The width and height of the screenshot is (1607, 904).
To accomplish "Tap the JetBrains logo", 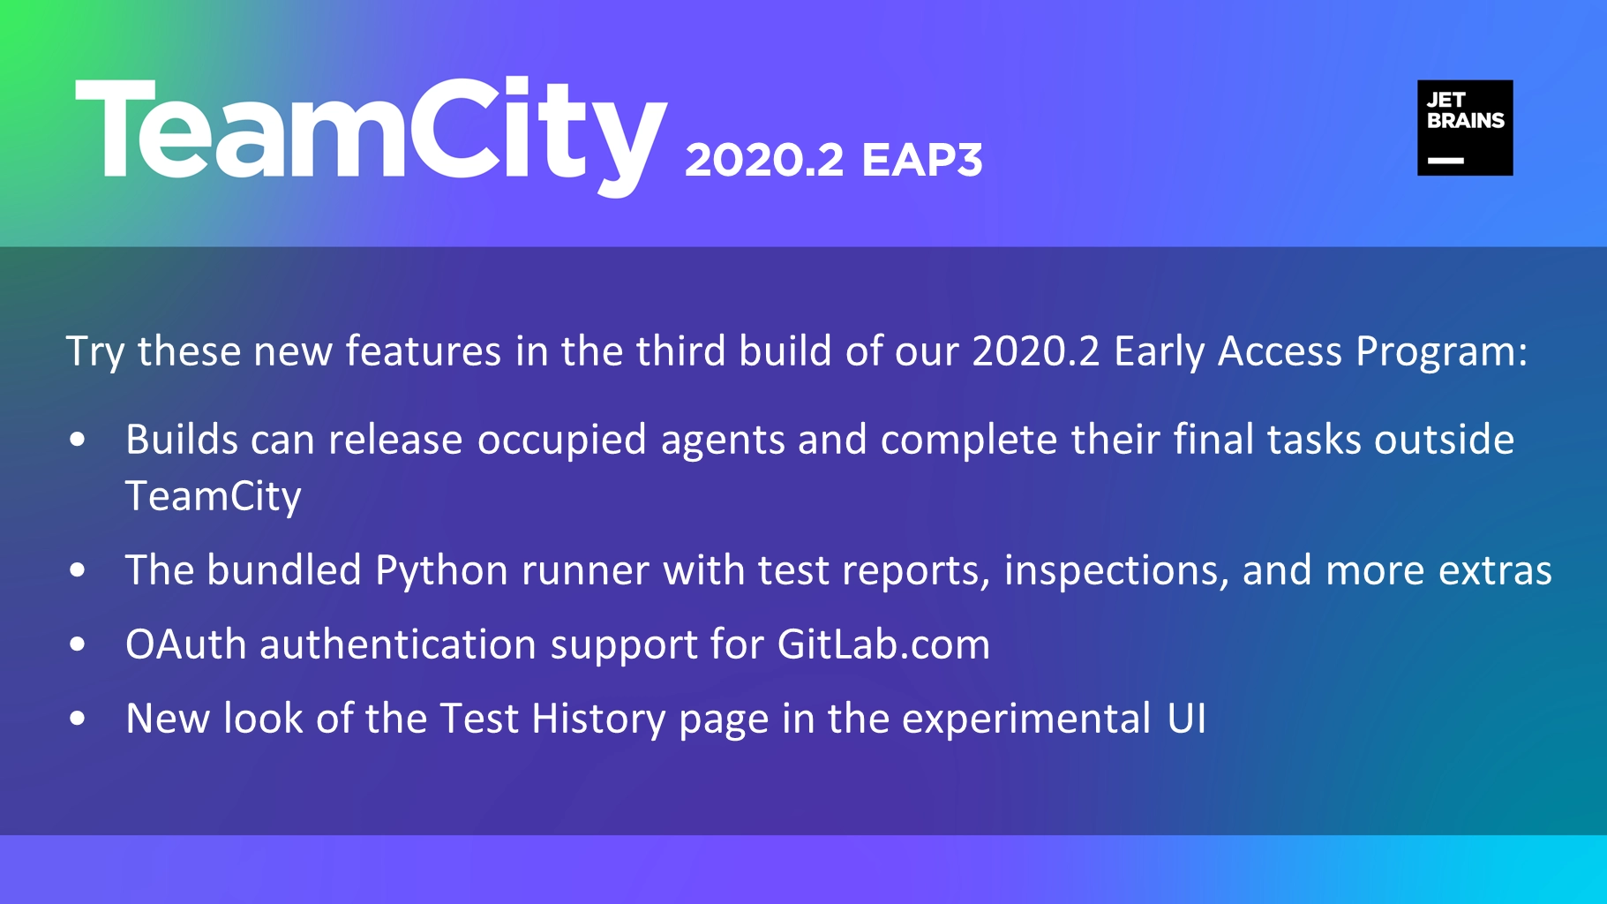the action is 1465,128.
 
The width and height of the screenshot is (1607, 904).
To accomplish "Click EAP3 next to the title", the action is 922,161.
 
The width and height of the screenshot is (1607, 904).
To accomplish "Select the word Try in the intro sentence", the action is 94,352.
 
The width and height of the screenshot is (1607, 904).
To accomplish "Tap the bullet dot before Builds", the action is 78,439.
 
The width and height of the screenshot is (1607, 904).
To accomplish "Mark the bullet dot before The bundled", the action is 78,570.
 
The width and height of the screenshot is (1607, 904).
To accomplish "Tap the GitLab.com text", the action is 883,644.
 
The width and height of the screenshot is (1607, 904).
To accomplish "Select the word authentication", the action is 398,644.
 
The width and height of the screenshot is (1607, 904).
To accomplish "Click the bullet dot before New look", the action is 78,719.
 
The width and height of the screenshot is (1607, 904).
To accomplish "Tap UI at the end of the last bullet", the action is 1186,719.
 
